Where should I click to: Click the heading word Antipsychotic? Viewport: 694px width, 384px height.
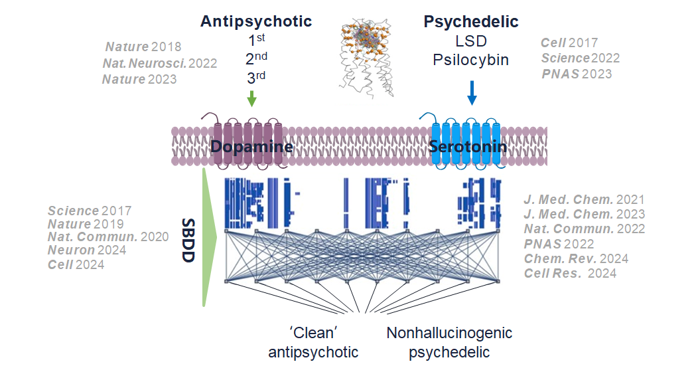(256, 21)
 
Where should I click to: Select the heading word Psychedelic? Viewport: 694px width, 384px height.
(471, 21)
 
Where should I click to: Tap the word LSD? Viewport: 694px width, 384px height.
(471, 41)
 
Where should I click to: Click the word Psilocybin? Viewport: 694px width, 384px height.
(471, 60)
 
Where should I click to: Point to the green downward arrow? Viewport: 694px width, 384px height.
(251, 99)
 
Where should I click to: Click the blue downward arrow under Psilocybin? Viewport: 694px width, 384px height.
(472, 92)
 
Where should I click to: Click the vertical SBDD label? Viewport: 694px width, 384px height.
(188, 239)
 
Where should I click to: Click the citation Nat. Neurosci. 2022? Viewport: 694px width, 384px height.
(160, 64)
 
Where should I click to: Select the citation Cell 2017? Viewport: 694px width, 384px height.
(569, 43)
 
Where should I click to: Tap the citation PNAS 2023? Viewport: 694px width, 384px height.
(576, 74)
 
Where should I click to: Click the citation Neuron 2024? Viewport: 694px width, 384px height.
(87, 250)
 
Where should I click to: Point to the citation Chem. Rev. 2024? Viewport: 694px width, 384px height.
(576, 258)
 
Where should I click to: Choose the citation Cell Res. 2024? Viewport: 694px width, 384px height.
(570, 273)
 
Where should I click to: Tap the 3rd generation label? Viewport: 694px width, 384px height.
(256, 78)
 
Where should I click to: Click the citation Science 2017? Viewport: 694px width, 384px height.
(89, 211)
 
